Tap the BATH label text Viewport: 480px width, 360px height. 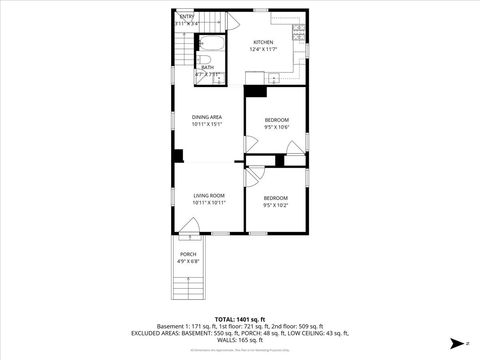(x=207, y=67)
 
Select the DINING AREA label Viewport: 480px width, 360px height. (x=207, y=117)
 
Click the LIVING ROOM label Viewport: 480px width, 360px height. (x=209, y=195)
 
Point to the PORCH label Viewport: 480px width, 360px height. (x=188, y=254)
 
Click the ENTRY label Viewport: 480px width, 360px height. (x=187, y=17)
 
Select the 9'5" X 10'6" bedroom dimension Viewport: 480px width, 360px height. (x=276, y=127)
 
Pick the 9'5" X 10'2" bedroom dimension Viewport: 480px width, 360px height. (x=276, y=205)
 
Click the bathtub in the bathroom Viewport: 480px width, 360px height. (x=213, y=45)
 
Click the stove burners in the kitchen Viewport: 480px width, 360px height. (x=297, y=34)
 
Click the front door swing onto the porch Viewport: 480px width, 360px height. (x=187, y=228)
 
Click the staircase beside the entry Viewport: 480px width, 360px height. (x=179, y=46)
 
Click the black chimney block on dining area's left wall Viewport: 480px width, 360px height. (x=177, y=155)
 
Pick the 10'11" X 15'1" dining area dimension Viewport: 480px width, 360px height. (x=207, y=125)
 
